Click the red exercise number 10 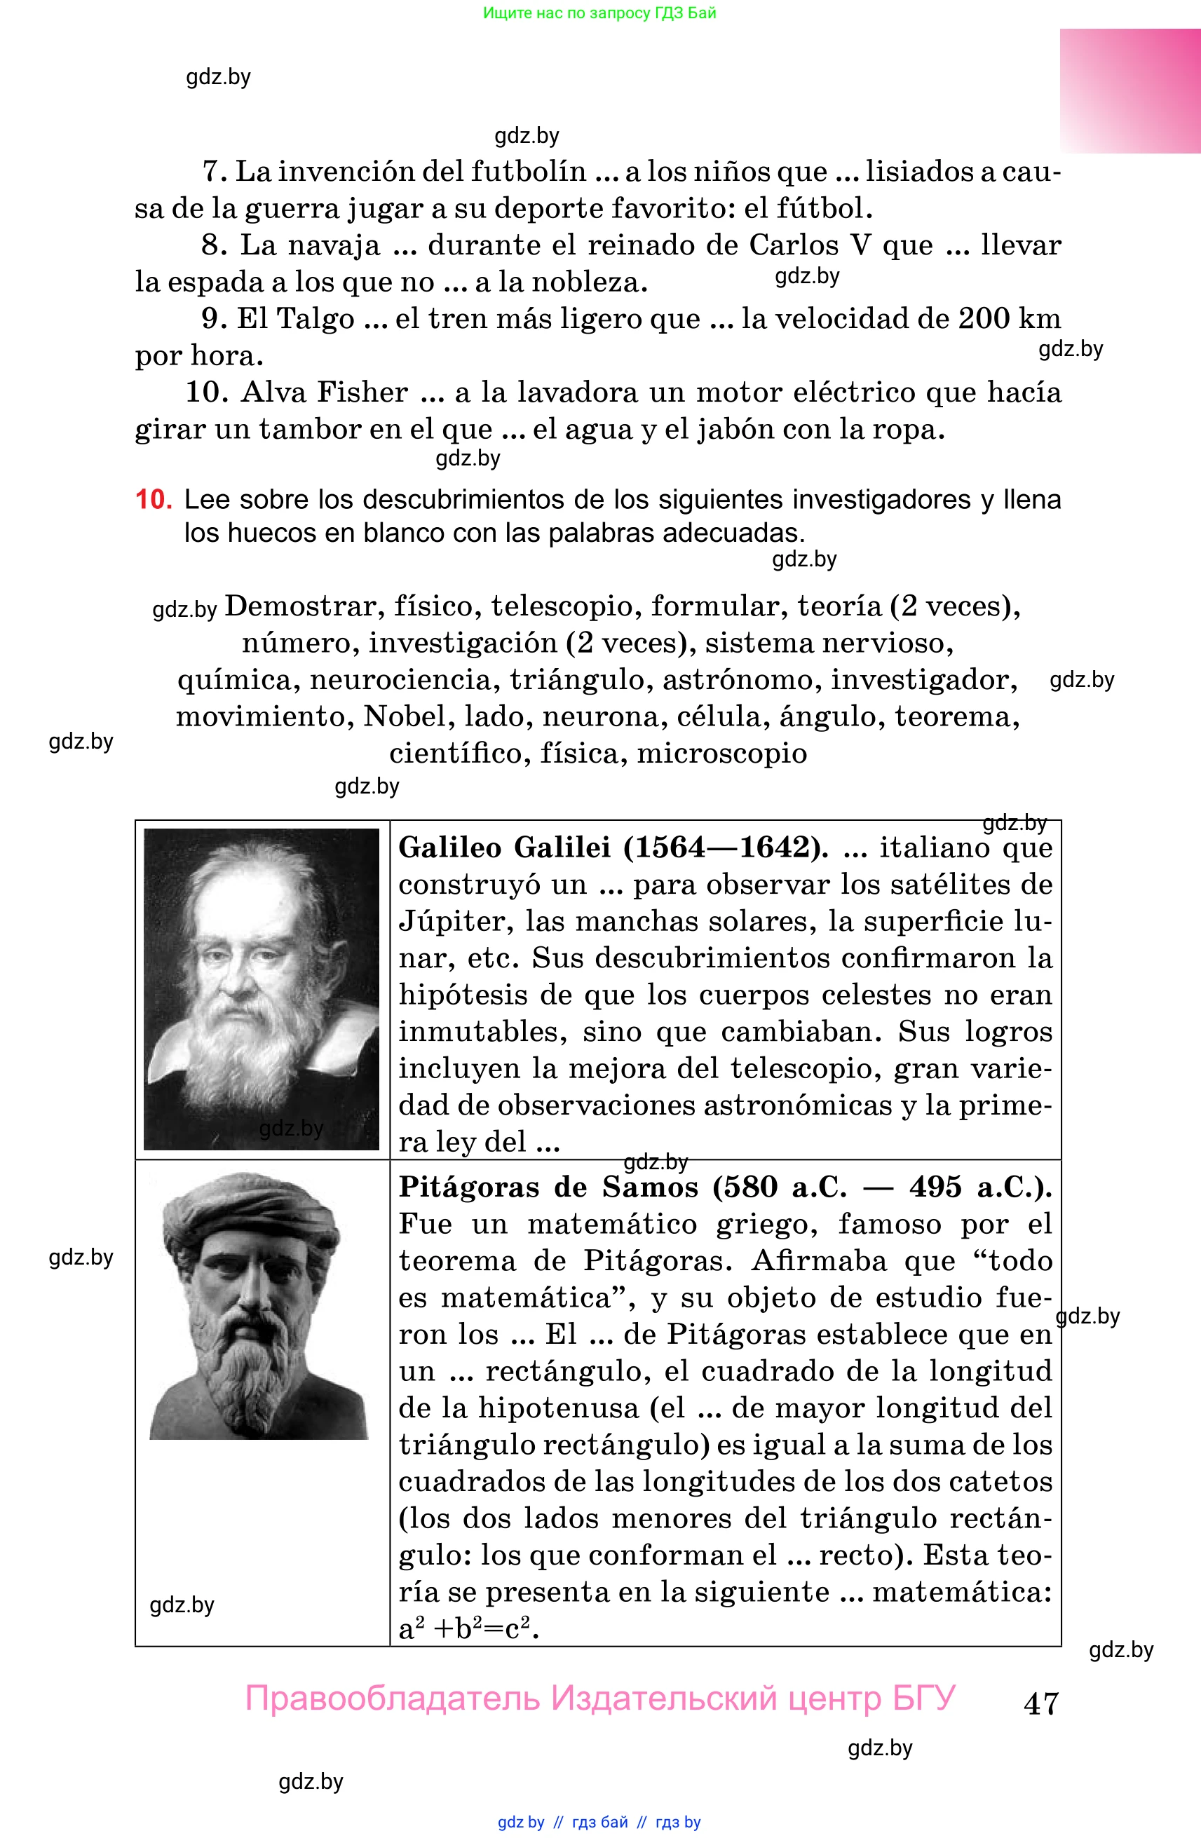click(154, 500)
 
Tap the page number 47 click(1040, 1703)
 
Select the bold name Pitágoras click(468, 1187)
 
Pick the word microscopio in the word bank click(721, 753)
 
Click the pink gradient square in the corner click(1129, 91)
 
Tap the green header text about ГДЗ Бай click(599, 13)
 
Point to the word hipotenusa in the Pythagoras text click(557, 1408)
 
